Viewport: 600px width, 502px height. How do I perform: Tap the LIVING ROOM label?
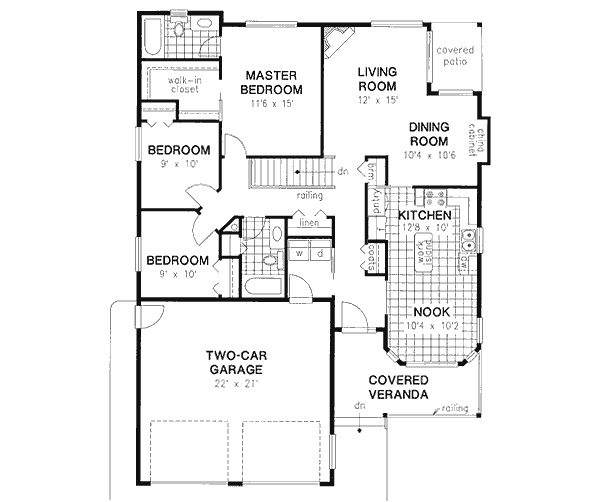(379, 78)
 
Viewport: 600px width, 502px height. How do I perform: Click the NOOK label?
(431, 312)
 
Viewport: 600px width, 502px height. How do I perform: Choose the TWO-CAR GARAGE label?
(235, 362)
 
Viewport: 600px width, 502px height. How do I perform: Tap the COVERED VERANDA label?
(398, 387)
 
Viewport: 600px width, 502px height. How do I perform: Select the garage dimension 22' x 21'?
(235, 384)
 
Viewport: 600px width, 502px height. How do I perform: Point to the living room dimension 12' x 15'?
(379, 100)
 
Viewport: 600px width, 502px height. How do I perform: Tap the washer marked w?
(298, 254)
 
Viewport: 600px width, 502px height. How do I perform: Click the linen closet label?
(308, 222)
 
